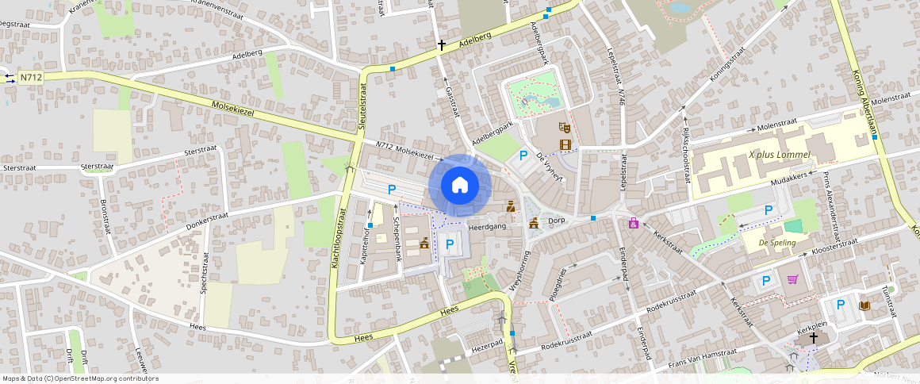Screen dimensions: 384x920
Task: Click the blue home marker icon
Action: (459, 186)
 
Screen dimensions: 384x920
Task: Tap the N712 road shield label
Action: (31, 77)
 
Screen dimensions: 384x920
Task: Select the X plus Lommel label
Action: (779, 155)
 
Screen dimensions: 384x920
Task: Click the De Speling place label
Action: (777, 243)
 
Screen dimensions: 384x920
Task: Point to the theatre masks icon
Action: (565, 127)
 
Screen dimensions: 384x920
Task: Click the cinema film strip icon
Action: (565, 144)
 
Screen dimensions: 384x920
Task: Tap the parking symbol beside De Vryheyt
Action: (523, 156)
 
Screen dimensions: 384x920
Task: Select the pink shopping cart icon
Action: (792, 279)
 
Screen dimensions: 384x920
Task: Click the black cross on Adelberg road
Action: (442, 45)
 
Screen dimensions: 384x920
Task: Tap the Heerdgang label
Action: (487, 227)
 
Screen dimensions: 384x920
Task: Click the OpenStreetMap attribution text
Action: (79, 378)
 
